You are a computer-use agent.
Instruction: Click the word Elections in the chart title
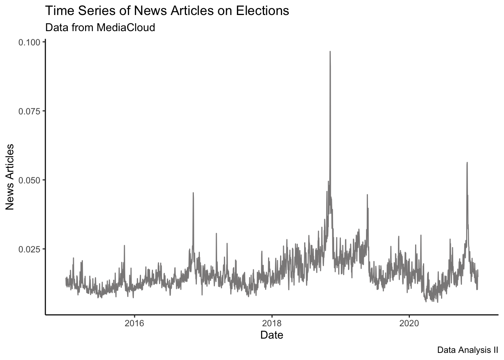click(x=262, y=11)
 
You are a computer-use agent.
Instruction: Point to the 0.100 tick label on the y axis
click(x=29, y=42)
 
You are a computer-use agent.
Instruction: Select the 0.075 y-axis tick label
click(x=29, y=111)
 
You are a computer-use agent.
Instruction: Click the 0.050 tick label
click(x=29, y=180)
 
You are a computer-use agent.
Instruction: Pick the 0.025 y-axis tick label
click(x=29, y=249)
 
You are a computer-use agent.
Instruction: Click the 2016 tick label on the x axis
click(x=134, y=322)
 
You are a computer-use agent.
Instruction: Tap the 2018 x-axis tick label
click(x=271, y=322)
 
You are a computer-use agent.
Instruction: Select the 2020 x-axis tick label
click(x=409, y=322)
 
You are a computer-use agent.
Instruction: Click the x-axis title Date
click(x=271, y=334)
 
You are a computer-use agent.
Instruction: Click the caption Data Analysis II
click(x=468, y=350)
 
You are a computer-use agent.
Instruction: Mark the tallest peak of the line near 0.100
click(x=330, y=52)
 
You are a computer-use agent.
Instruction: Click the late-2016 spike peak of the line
click(x=193, y=193)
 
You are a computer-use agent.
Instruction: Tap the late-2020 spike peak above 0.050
click(x=467, y=163)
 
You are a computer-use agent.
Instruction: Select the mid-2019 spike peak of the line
click(x=367, y=195)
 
